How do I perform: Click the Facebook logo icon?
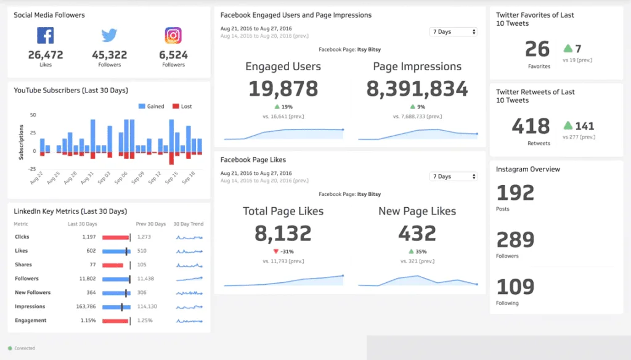click(x=45, y=35)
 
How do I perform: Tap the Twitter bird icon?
click(x=109, y=35)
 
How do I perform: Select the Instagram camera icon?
click(x=173, y=35)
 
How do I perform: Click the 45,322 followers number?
click(x=109, y=55)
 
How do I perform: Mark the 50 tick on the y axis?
click(x=33, y=115)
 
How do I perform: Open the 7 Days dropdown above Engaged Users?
click(x=453, y=31)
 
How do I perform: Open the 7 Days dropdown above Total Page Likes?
click(x=453, y=176)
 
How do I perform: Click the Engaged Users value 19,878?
click(x=283, y=89)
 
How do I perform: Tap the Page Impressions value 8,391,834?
click(x=417, y=89)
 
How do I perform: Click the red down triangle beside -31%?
click(x=276, y=251)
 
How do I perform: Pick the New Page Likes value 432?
click(x=417, y=233)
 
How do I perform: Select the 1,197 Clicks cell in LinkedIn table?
click(x=89, y=237)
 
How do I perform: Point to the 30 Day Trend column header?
click(x=188, y=224)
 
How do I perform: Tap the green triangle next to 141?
click(x=568, y=126)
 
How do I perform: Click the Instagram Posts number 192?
click(x=515, y=193)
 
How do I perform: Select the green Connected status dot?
click(x=10, y=348)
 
